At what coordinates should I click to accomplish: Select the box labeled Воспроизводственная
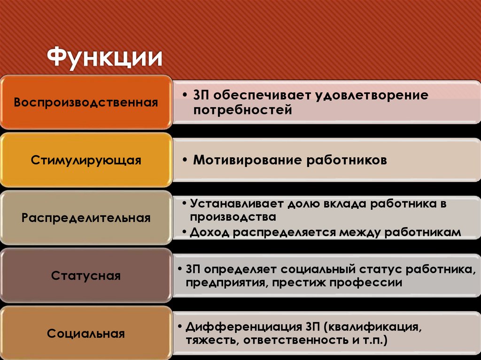point(85,102)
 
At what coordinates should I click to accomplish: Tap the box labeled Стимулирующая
point(85,160)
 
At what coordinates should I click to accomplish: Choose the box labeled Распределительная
point(85,218)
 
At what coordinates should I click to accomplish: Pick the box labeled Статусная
point(85,276)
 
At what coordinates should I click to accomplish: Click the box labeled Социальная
point(85,334)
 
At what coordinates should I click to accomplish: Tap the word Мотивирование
point(248,160)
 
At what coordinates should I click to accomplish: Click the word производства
point(233,217)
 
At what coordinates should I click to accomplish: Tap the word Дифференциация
point(243,326)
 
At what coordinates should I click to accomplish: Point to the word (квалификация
point(371,326)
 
